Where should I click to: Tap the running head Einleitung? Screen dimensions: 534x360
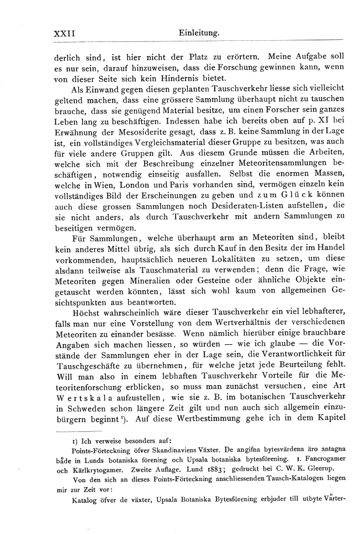tap(199, 34)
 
